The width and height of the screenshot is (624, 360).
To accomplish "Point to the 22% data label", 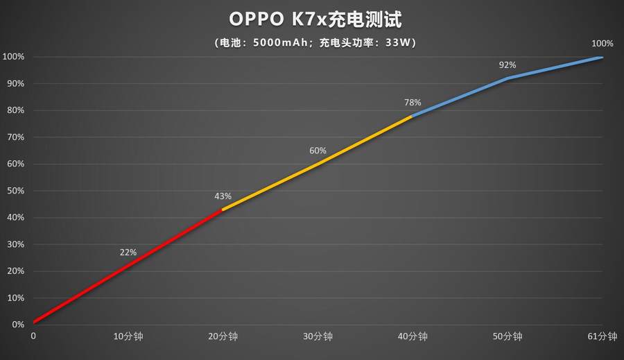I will [x=128, y=252].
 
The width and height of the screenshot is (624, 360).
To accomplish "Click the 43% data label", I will [x=223, y=197].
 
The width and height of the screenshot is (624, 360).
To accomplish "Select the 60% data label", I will [x=318, y=151].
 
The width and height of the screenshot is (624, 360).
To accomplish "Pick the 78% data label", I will [x=413, y=103].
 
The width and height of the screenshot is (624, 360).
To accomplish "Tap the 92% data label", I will [x=508, y=65].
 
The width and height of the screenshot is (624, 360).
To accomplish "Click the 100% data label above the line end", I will [x=602, y=43].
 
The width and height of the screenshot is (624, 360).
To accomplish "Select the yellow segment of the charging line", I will [x=318, y=164].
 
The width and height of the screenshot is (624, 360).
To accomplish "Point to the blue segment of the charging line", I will [x=508, y=78].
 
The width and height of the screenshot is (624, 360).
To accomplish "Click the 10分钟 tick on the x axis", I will [x=128, y=336].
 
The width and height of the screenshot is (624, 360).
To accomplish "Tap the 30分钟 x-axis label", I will [x=318, y=336].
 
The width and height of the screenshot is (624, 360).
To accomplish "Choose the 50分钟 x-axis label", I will [x=508, y=336].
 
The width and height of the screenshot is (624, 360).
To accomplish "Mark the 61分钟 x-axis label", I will [x=602, y=336].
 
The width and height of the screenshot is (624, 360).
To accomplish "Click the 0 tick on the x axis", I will [x=33, y=336].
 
